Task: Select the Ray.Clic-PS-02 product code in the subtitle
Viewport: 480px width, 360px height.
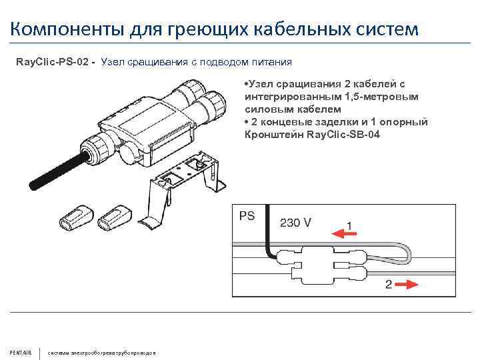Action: pos(55,62)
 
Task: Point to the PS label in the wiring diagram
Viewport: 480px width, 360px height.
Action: pos(247,217)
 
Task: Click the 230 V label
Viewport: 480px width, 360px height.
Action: pos(295,223)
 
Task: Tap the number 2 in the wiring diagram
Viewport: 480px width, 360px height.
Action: pos(389,284)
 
